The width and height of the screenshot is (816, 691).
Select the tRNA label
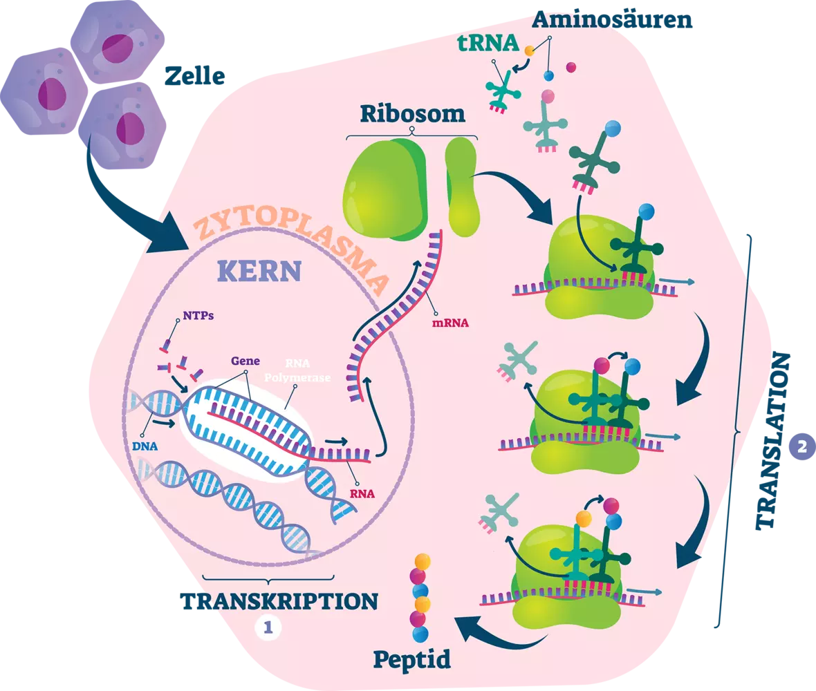(x=488, y=43)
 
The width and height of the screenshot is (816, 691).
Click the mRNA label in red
(x=449, y=321)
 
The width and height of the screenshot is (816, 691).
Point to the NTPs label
(x=198, y=316)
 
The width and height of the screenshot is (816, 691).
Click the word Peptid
(x=412, y=659)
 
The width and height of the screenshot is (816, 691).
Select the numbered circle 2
(x=801, y=446)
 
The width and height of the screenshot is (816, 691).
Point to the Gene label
(x=246, y=361)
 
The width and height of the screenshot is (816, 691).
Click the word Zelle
(x=194, y=77)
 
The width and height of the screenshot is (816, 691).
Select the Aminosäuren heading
(x=612, y=19)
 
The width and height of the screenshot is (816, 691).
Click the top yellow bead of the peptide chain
(x=423, y=560)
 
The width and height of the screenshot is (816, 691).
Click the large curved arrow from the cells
(x=131, y=200)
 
